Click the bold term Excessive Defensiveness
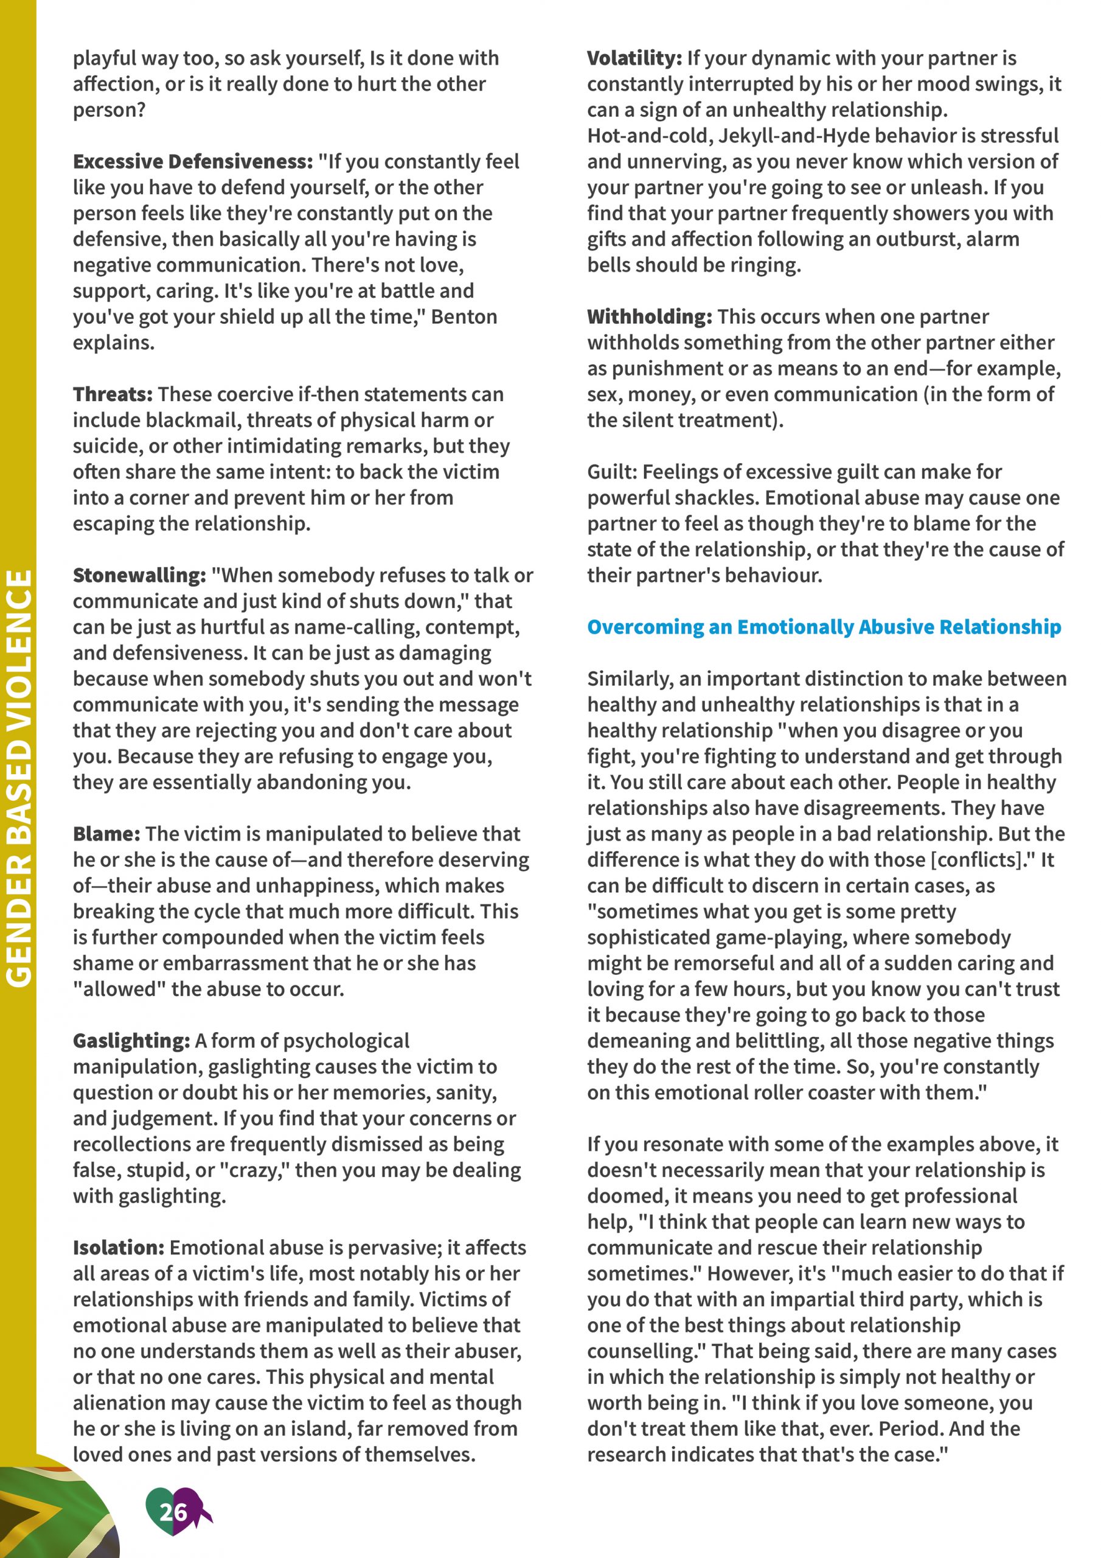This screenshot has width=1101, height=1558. pos(193,161)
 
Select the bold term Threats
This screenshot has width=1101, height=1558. pos(113,394)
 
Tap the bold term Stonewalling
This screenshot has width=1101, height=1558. pos(139,576)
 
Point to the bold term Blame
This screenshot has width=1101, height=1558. pos(106,834)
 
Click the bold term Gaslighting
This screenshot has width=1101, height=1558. pos(131,1041)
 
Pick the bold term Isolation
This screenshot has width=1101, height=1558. pos(119,1248)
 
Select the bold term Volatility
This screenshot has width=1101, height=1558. pos(634,58)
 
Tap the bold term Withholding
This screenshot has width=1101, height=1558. pos(649,317)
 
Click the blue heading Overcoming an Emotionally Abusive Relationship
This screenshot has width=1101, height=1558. pos(824,627)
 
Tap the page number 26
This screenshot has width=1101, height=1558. pos(173,1512)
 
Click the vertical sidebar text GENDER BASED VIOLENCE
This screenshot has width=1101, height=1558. pos(19,778)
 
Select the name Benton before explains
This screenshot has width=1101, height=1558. pos(464,317)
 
